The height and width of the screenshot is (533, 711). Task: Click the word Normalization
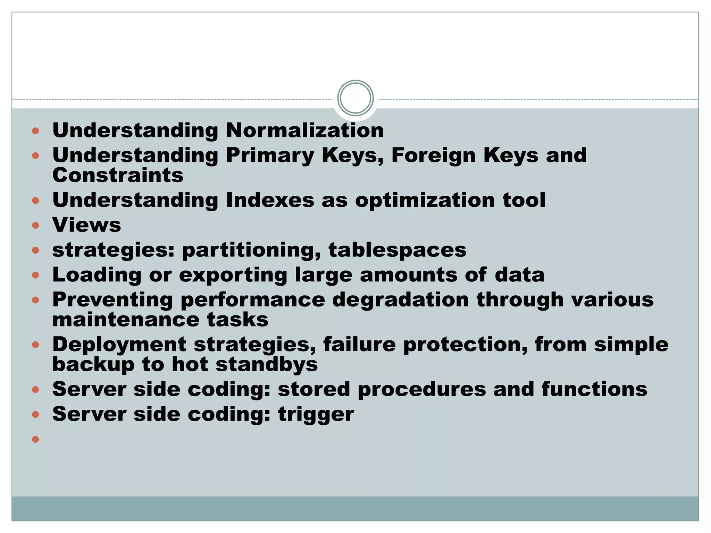tap(304, 130)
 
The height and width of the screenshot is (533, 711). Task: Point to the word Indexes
tap(270, 200)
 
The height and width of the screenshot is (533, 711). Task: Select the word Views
tap(86, 225)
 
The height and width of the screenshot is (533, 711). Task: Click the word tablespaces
tap(397, 250)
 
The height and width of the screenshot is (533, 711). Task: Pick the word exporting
tap(233, 275)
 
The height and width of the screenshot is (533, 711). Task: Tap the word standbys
tap(266, 364)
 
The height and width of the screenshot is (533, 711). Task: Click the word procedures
tap(421, 389)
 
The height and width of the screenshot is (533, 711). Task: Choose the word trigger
tap(316, 414)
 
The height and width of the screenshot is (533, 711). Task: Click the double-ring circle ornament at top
tap(355, 98)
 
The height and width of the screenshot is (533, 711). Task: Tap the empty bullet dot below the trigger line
tap(35, 439)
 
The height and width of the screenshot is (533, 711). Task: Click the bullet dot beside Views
tap(35, 225)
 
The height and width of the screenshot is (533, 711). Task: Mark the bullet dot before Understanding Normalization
tap(35, 131)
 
